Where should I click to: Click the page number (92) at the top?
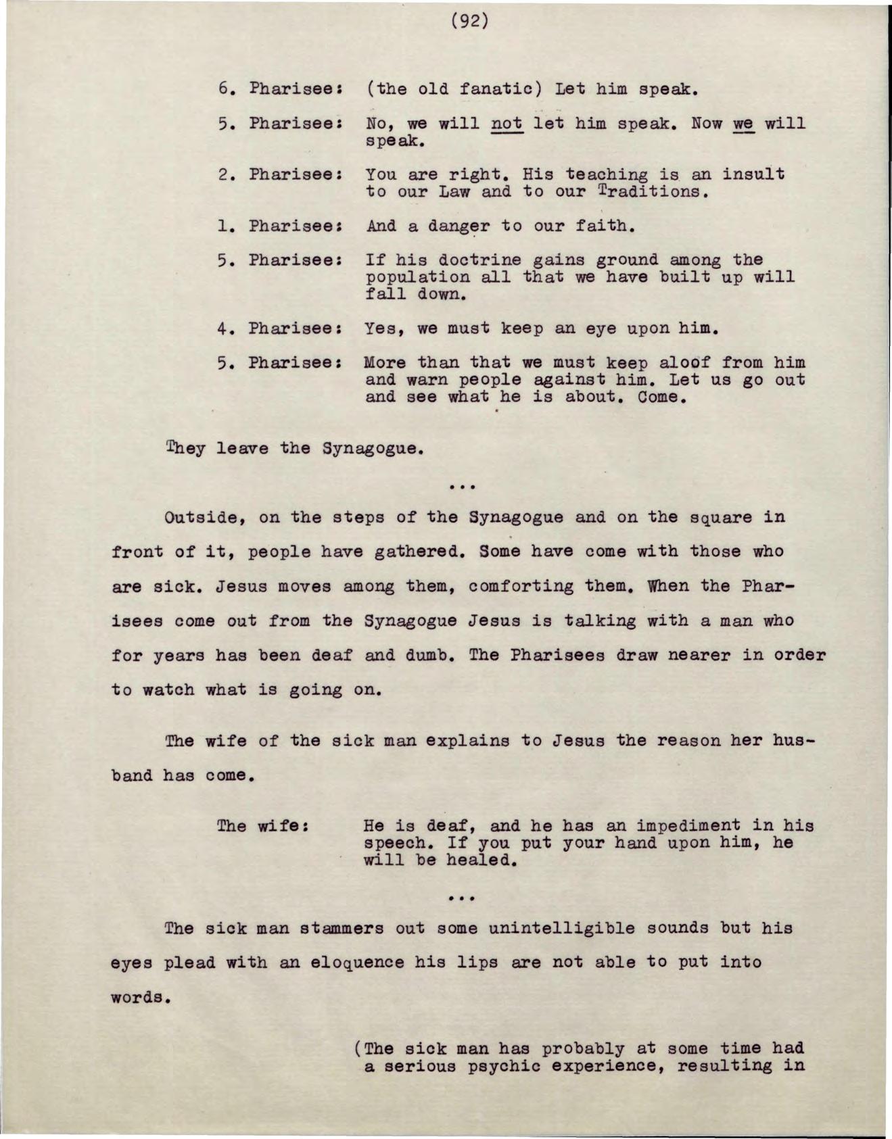point(469,22)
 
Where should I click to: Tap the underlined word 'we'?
point(743,124)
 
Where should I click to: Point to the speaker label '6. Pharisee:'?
point(279,89)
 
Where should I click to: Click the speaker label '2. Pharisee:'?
point(279,174)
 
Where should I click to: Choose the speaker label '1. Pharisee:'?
point(279,226)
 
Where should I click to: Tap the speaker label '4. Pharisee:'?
point(279,329)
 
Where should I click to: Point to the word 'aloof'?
point(683,363)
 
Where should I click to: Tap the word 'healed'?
point(481,861)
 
